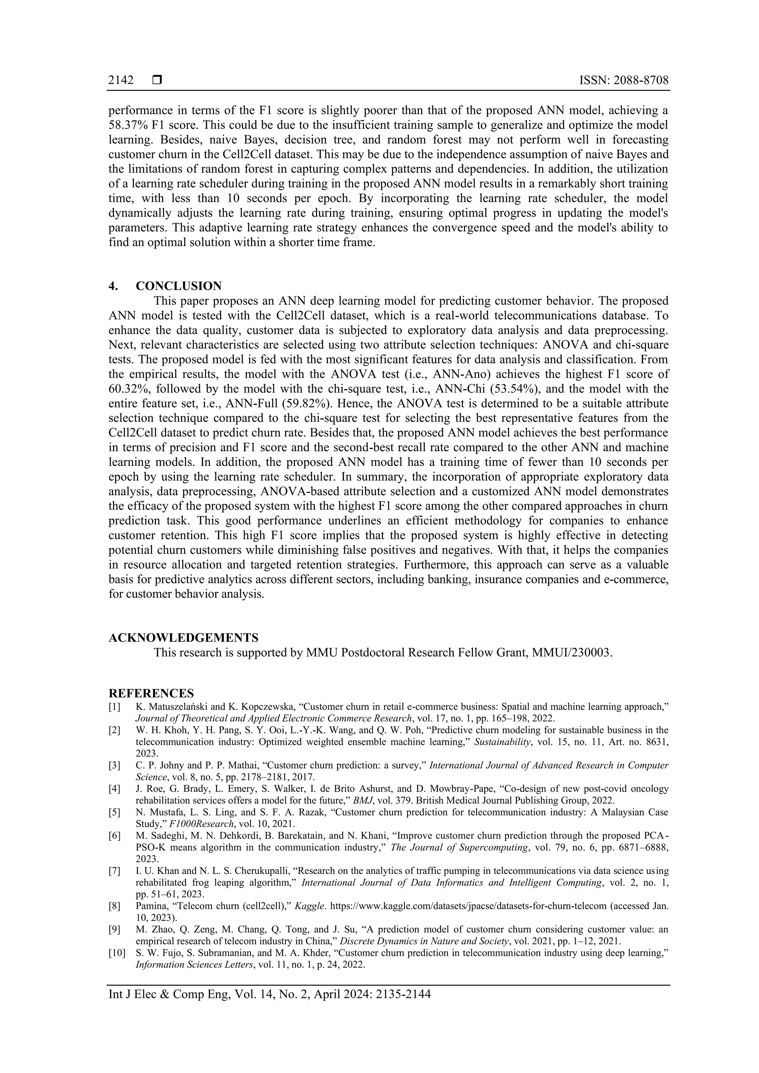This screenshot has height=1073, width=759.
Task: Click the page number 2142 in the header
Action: [121, 80]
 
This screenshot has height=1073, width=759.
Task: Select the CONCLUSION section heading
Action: [179, 286]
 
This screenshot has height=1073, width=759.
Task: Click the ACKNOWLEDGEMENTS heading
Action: [183, 637]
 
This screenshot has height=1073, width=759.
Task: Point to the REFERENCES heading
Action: [151, 693]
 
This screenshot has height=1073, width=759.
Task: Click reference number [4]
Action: [115, 789]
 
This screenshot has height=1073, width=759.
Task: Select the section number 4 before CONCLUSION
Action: [112, 286]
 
